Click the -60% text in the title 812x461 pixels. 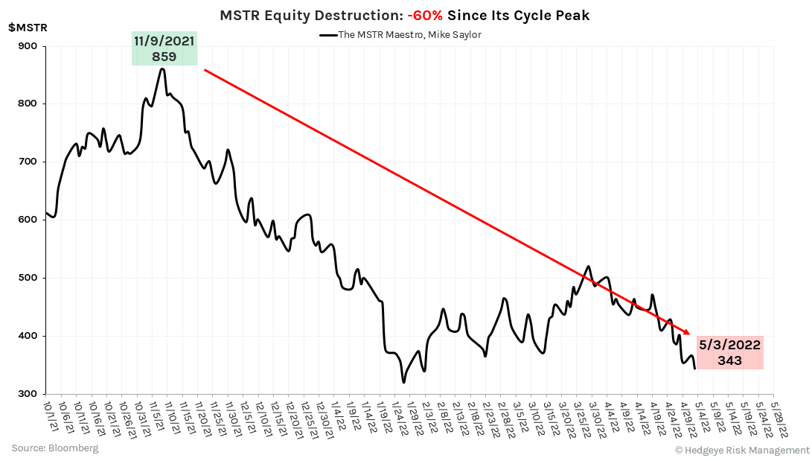[x=423, y=16]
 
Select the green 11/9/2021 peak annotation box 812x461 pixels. [x=164, y=48]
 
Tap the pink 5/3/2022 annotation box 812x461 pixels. [x=729, y=352]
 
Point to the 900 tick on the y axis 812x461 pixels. [x=30, y=47]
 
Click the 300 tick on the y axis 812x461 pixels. [x=30, y=394]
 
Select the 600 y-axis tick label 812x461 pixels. [x=30, y=220]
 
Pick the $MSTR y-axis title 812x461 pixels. [x=28, y=28]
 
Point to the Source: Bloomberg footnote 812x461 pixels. [x=55, y=448]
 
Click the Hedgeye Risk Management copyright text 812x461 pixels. [x=741, y=450]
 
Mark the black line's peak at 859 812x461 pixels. [x=162, y=69]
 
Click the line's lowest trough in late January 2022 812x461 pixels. [x=403, y=383]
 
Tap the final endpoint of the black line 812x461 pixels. [x=695, y=369]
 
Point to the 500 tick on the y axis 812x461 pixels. [x=30, y=279]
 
